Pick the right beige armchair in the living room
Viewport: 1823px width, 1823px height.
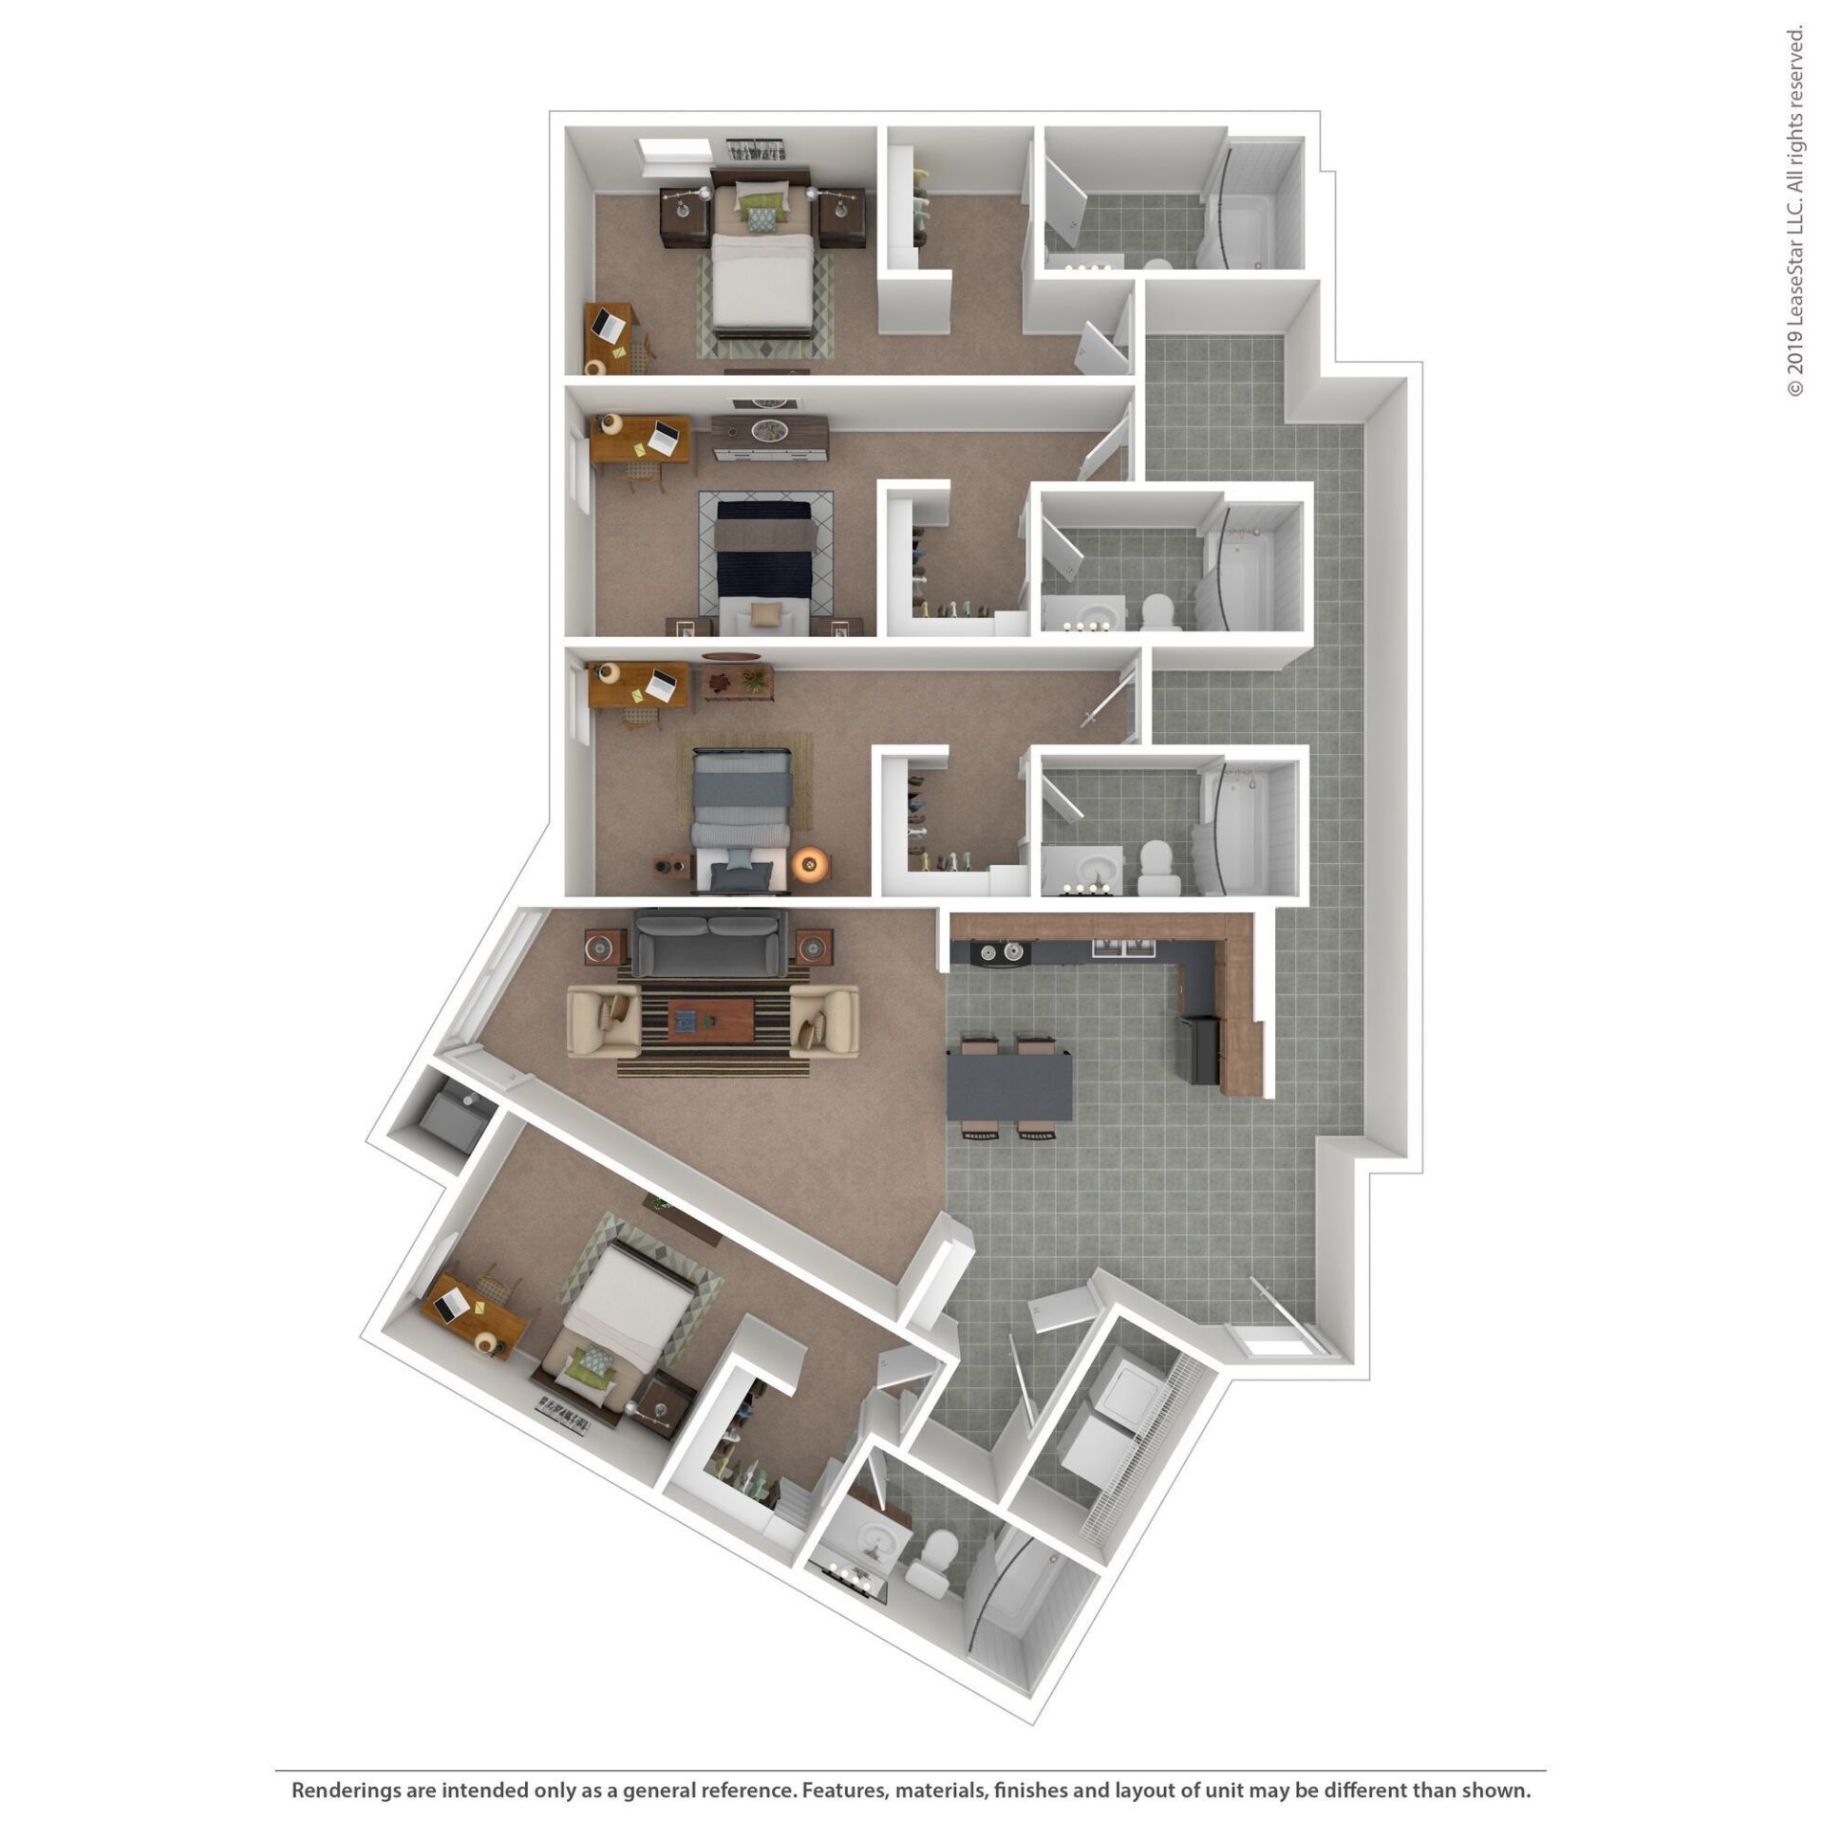pos(824,1021)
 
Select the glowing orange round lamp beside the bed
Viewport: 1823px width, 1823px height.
pos(811,863)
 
